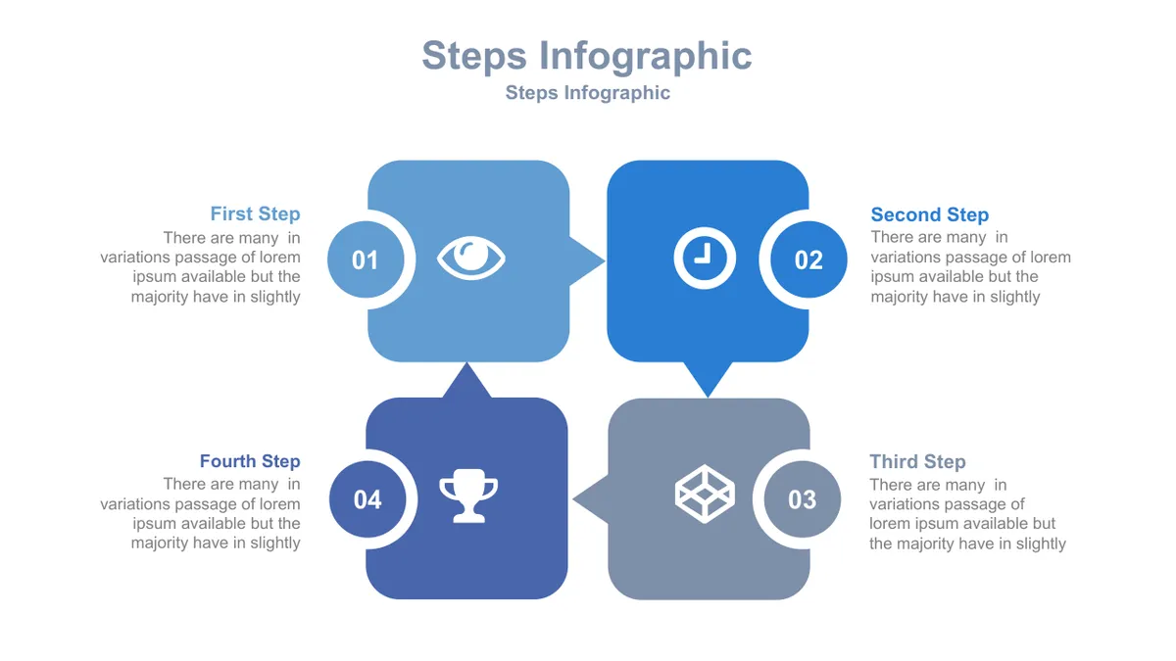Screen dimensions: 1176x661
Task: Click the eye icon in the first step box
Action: (x=471, y=259)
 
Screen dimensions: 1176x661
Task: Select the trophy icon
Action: (x=468, y=496)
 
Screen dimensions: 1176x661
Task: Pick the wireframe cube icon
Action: (x=705, y=494)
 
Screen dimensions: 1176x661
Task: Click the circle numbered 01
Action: (x=366, y=260)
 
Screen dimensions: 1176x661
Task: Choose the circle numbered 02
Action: (x=808, y=260)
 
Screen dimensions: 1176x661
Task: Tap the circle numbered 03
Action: (x=803, y=498)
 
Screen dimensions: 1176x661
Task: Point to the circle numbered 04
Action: (x=367, y=498)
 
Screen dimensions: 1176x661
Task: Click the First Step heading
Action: (x=255, y=214)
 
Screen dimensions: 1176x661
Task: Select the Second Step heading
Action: (x=930, y=214)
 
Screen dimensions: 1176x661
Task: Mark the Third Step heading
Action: (x=917, y=461)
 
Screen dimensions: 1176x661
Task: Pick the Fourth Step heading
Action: (x=250, y=461)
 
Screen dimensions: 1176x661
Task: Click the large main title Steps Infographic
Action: (x=587, y=56)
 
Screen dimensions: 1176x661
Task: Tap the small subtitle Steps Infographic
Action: (x=587, y=92)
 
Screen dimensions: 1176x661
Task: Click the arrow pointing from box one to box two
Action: (x=587, y=260)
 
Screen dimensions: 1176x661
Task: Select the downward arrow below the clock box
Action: (x=708, y=379)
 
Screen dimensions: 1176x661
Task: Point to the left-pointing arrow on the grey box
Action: (x=591, y=498)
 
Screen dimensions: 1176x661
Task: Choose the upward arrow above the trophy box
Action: (x=466, y=380)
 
